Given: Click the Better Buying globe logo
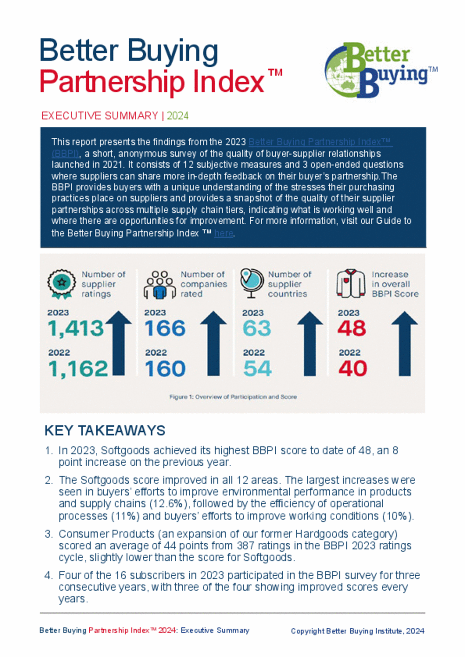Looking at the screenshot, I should click(380, 70).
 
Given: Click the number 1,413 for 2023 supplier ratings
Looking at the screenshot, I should click(76, 329).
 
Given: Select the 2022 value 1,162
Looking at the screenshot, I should click(78, 369).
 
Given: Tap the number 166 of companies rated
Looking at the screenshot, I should click(165, 329).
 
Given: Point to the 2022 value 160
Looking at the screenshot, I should click(165, 369).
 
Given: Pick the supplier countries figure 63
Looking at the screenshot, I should click(257, 329).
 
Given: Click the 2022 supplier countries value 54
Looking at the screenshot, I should click(257, 369).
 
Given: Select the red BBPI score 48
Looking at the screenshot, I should click(352, 329).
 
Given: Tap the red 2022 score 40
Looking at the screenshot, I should click(353, 369).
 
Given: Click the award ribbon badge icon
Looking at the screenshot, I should click(61, 283).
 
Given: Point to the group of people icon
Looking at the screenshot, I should click(159, 285).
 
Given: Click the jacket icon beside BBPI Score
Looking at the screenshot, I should click(351, 284).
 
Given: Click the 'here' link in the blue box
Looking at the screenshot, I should click(223, 234).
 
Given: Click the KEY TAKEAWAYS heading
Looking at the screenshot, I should click(105, 431).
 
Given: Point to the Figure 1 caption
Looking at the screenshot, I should click(233, 397).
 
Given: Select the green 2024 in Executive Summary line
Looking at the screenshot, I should click(178, 116).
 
